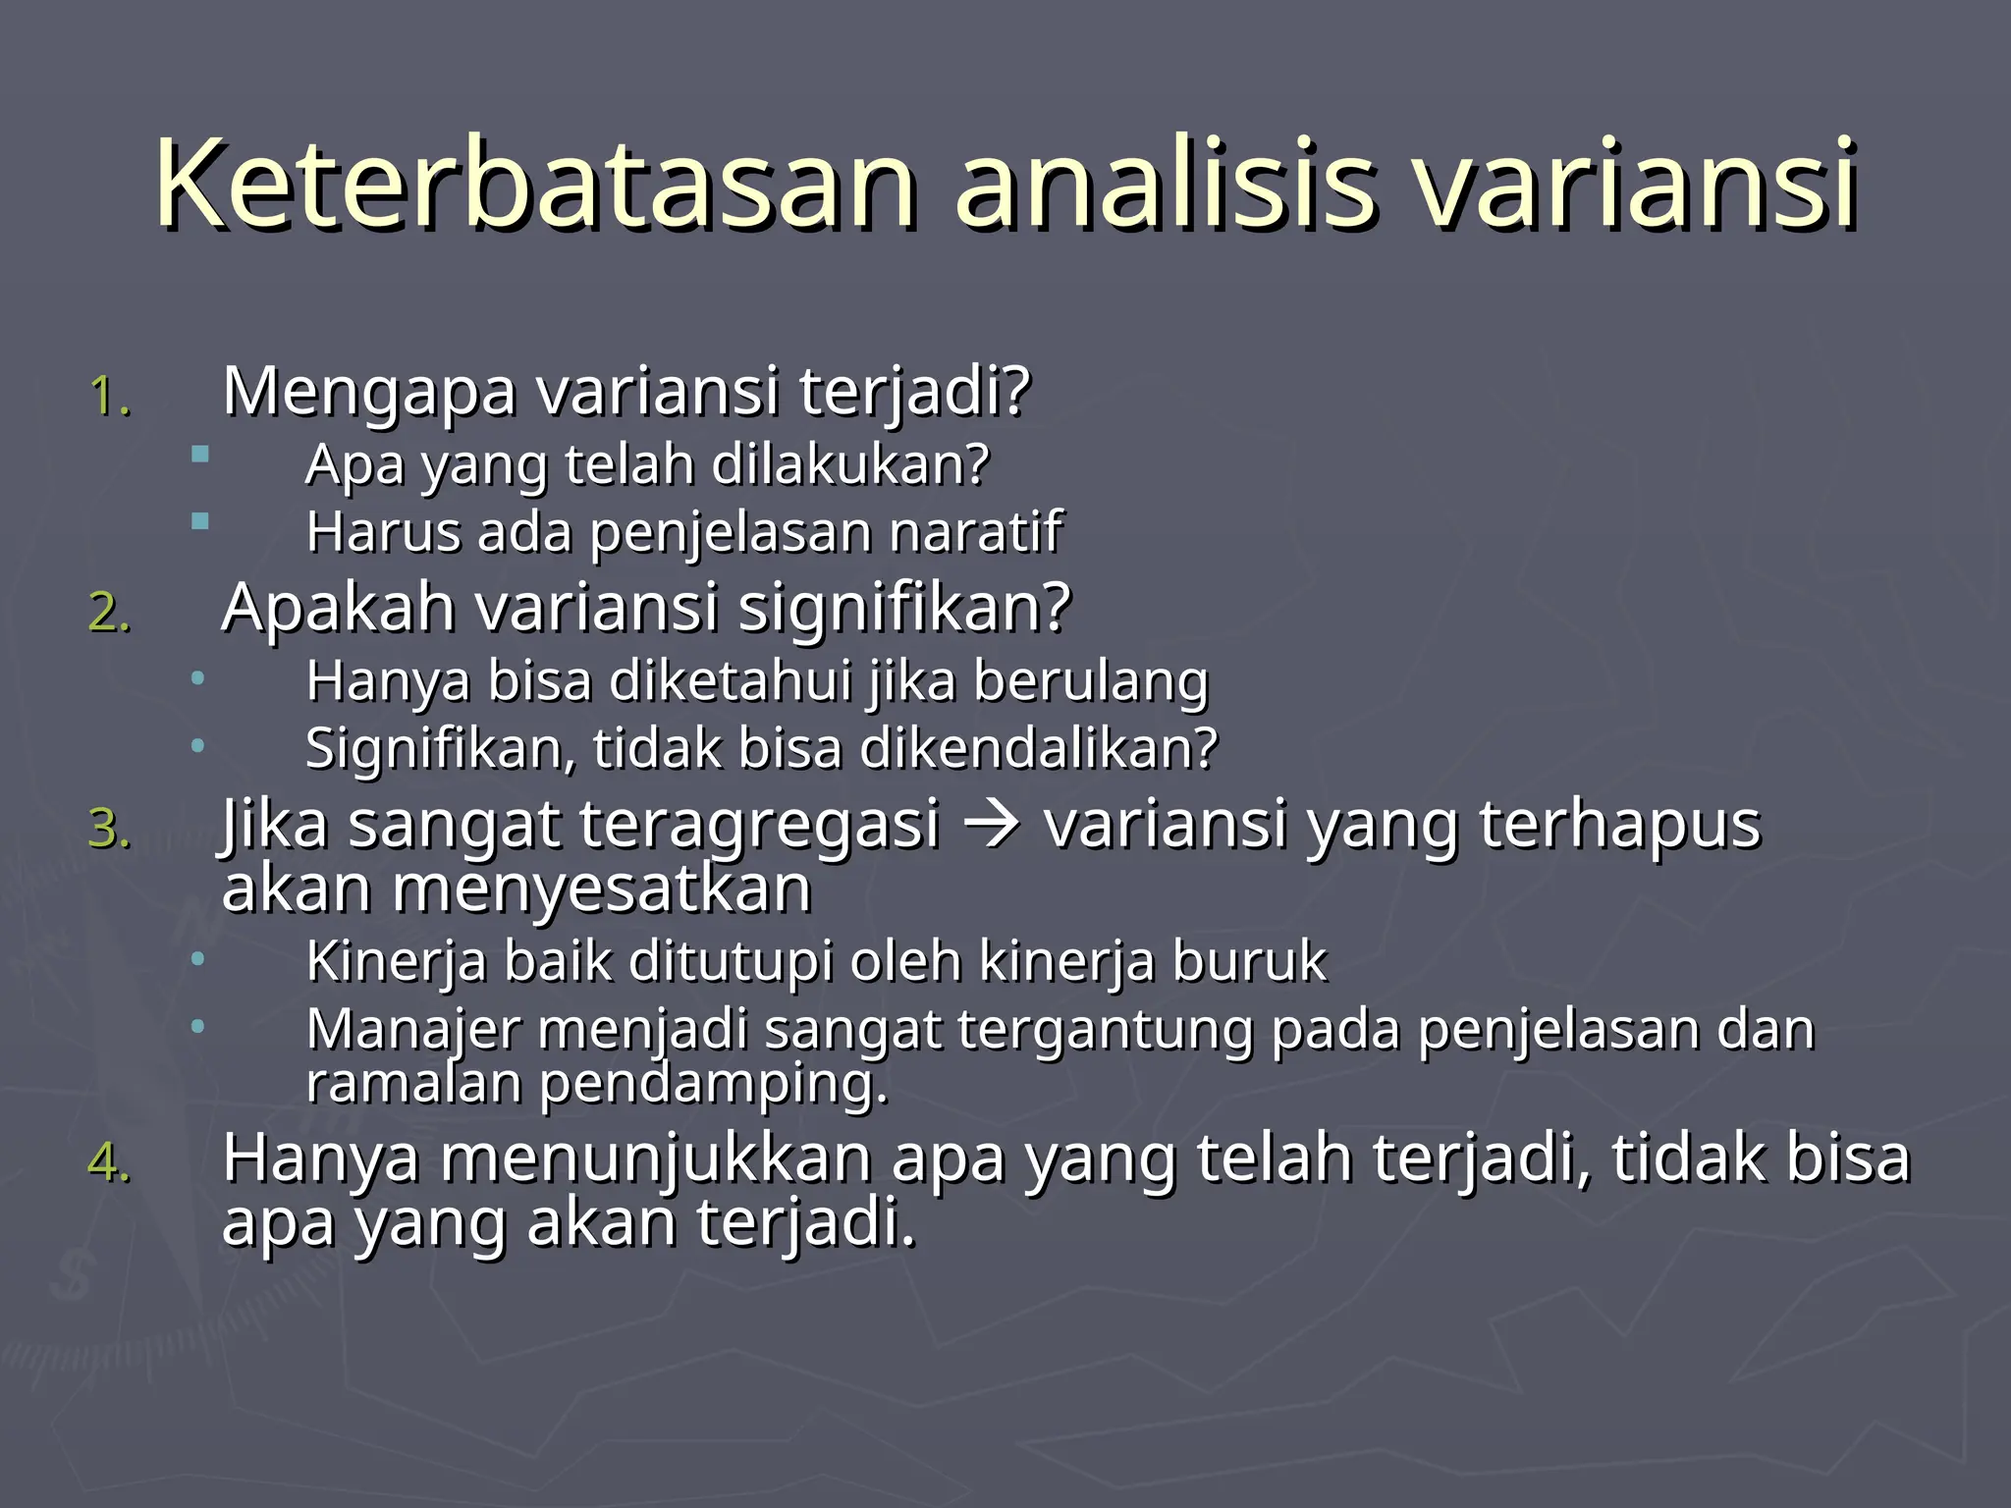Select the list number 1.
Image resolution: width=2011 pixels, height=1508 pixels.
109,398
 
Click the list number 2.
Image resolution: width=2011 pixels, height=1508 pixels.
109,614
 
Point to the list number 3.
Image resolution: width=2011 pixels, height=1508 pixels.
109,830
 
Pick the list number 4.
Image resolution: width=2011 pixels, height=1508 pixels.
109,1164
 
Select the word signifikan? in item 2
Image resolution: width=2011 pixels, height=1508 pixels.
903,609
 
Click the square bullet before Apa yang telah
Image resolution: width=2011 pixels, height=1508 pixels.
200,454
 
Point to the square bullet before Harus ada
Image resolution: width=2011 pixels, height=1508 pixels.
200,521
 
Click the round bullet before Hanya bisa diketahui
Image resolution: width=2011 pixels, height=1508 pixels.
198,677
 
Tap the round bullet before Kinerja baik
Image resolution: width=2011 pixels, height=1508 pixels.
198,957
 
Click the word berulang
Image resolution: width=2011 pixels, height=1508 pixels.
1090,682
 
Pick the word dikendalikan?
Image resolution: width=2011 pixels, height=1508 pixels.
1039,749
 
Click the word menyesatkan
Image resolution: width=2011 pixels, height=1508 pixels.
601,889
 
